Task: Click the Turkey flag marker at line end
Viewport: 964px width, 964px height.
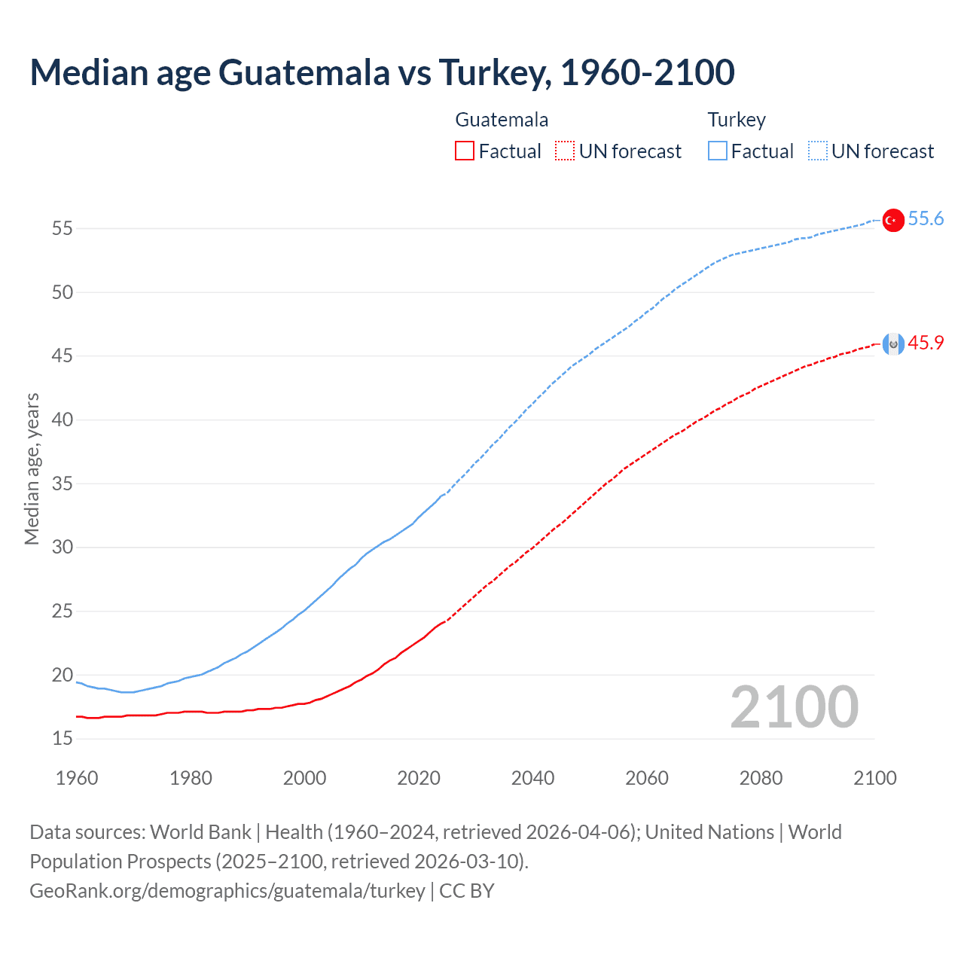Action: coord(892,220)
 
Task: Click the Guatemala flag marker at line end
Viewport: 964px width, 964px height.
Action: coord(892,344)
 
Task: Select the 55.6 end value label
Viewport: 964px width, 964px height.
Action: coord(926,219)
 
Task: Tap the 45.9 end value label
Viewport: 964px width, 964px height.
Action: coord(926,343)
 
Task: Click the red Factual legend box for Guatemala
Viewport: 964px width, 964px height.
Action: coord(465,151)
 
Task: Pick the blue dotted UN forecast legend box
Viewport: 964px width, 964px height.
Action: coord(818,151)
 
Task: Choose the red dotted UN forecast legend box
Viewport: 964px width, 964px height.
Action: coord(565,151)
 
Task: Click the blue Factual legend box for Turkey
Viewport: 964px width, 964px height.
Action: coord(718,151)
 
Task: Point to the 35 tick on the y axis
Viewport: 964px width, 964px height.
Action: coord(63,484)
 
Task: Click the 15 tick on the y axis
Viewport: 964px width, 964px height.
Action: coord(63,739)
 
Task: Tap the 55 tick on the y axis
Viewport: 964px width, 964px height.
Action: coord(63,228)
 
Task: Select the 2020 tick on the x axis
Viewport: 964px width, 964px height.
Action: coord(419,778)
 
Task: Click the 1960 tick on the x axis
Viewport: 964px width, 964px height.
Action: coord(77,778)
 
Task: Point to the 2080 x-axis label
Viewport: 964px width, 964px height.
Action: coord(761,778)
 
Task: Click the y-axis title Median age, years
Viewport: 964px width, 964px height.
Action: coord(32,468)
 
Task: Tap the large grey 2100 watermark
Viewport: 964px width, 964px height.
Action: coord(794,707)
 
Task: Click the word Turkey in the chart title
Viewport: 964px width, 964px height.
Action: coord(490,73)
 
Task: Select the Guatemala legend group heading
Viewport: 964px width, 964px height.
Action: coord(502,120)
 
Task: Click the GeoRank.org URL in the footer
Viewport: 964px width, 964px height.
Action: coord(227,891)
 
